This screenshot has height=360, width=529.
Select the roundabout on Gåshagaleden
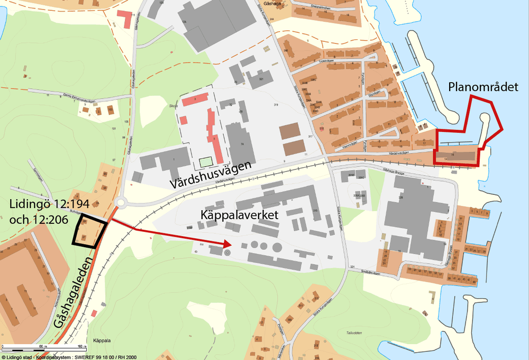click(x=123, y=202)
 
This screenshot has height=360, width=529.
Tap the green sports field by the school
click(x=205, y=160)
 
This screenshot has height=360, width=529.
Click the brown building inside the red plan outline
click(x=456, y=155)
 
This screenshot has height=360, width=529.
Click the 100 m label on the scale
click(x=80, y=346)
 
